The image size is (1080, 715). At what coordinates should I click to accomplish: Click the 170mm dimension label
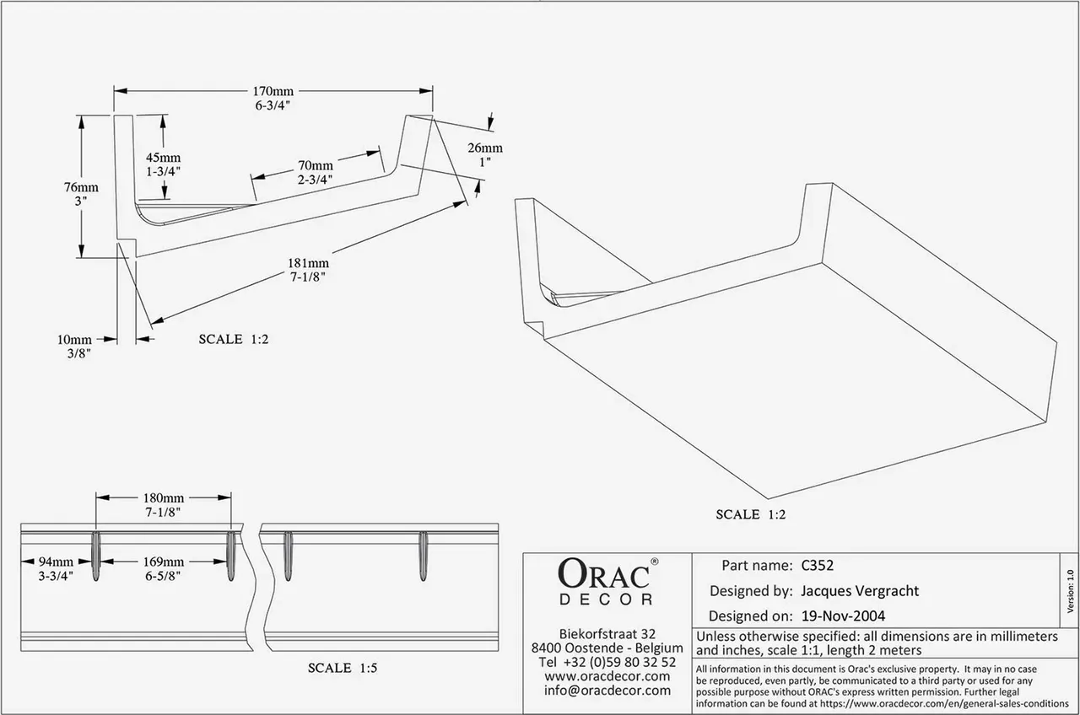273,91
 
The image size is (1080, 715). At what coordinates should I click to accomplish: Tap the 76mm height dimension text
81,187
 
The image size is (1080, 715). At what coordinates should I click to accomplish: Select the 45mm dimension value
164,158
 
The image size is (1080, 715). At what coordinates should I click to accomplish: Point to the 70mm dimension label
316,165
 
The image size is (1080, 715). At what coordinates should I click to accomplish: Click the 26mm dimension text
485,148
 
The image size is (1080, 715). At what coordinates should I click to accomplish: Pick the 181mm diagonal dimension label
308,263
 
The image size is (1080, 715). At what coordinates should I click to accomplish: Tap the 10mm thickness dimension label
74,339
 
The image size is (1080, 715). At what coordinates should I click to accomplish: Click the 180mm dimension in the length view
164,497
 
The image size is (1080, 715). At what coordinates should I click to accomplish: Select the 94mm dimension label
56,562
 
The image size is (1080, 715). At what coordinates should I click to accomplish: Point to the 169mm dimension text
164,562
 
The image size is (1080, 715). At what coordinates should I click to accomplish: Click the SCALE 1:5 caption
343,668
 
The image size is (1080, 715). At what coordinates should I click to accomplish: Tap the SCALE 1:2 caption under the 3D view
751,514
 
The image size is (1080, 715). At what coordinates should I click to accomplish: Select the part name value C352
818,565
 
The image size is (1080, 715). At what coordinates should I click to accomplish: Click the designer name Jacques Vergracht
860,591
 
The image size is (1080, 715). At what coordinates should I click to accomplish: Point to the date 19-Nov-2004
843,616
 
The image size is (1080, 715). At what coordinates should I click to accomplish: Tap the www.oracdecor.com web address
607,676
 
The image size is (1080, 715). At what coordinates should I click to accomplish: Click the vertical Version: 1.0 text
1070,591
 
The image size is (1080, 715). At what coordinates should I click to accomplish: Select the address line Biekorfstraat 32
607,633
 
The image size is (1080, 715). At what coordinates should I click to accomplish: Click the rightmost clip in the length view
423,556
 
